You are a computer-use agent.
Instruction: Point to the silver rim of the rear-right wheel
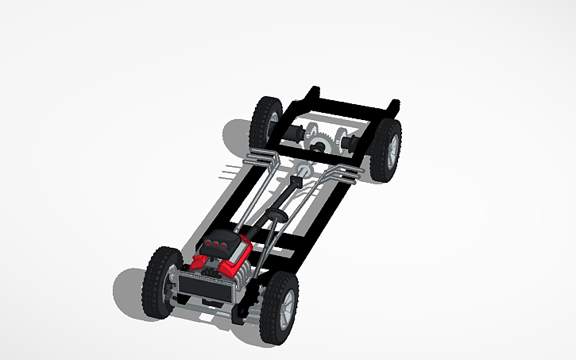pyautogui.click(x=391, y=149)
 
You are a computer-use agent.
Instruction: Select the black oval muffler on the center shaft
pyautogui.click(x=278, y=215)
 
